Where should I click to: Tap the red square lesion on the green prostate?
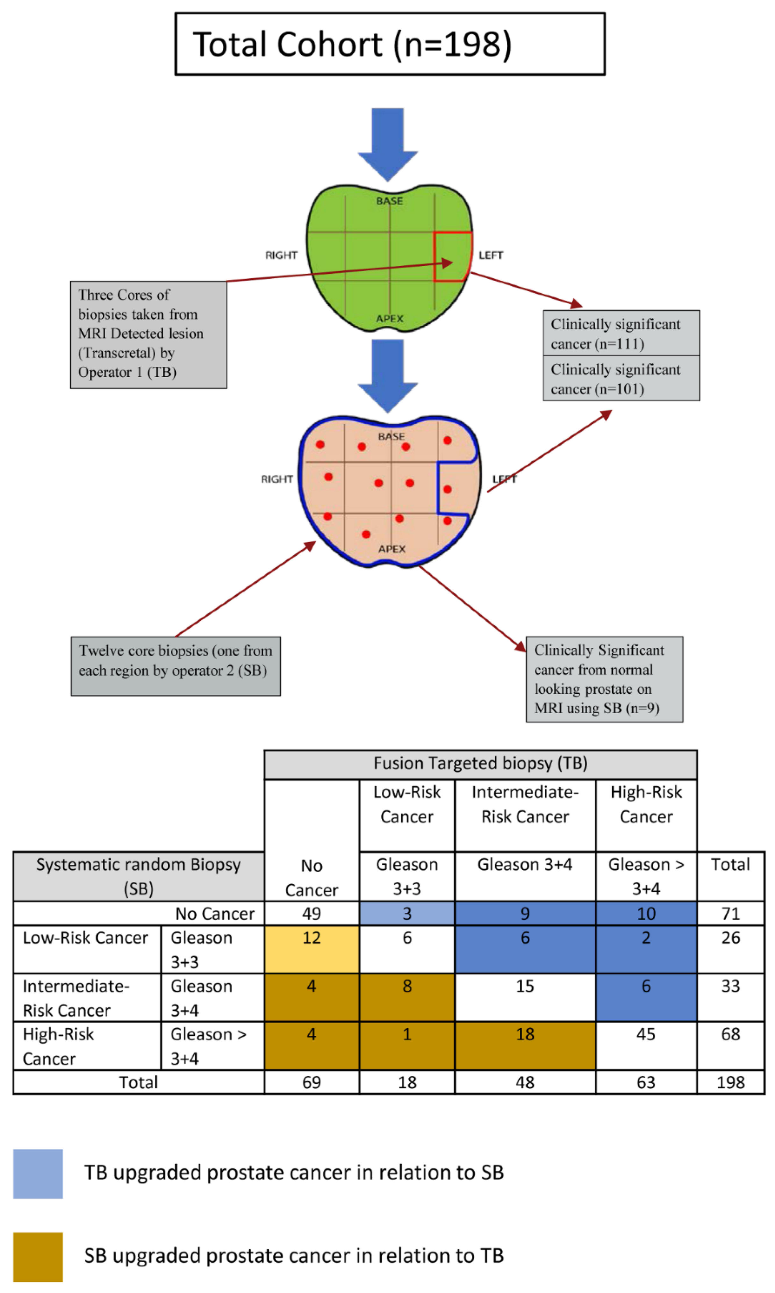tap(452, 256)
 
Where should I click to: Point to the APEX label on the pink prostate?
tap(392, 549)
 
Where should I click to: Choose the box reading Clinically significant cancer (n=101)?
tap(621, 379)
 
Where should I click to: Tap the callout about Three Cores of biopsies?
tap(148, 334)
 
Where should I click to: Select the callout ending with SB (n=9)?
tap(604, 679)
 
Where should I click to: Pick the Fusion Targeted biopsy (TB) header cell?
tap(480, 764)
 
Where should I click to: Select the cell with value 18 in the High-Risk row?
tap(525, 1045)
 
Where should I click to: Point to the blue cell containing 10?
tap(646, 913)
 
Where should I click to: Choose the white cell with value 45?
tap(646, 1045)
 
